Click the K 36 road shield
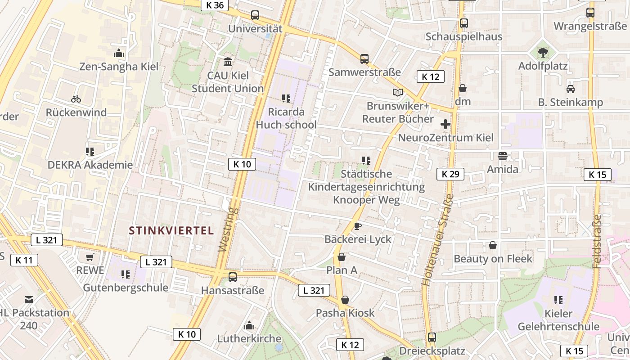(215, 5)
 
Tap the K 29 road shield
(450, 174)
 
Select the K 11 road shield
(24, 260)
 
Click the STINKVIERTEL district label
(171, 231)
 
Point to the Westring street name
(228, 229)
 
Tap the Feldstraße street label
(597, 241)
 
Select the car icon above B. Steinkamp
(571, 89)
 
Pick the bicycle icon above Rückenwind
(76, 99)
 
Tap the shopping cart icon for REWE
(90, 257)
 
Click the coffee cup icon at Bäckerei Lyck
(358, 226)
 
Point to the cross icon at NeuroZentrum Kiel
(445, 124)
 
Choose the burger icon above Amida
(503, 156)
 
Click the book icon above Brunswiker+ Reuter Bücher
(398, 92)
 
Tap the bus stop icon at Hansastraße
(233, 277)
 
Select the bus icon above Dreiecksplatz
(432, 337)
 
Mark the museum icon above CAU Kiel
(228, 62)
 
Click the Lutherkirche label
(249, 338)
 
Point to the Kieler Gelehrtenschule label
(558, 320)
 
